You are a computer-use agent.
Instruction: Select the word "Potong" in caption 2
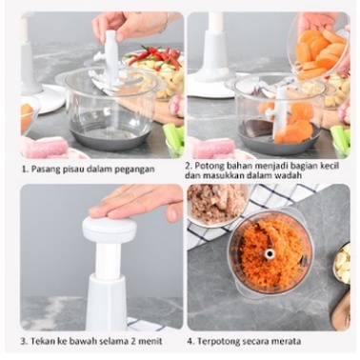coord(208,166)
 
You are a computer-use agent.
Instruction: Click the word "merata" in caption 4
coord(288,342)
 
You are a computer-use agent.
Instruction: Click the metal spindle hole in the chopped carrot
coord(270,253)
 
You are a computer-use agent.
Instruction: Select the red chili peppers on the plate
coord(155,56)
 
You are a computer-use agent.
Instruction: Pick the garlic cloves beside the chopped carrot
coord(343,263)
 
